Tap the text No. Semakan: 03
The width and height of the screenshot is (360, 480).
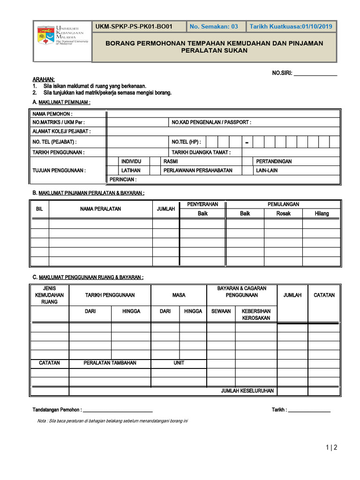click(214, 27)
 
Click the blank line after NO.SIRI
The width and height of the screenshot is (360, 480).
click(315, 74)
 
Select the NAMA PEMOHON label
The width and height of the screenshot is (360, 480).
click(52, 114)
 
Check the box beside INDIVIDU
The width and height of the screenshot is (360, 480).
click(112, 161)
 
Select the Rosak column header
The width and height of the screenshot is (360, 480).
click(283, 214)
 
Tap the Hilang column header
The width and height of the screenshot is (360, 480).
click(322, 214)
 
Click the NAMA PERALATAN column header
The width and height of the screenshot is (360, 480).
click(100, 209)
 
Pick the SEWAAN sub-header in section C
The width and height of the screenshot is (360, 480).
click(221, 311)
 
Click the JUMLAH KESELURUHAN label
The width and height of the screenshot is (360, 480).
click(247, 391)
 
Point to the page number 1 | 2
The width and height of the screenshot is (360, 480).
click(331, 448)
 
